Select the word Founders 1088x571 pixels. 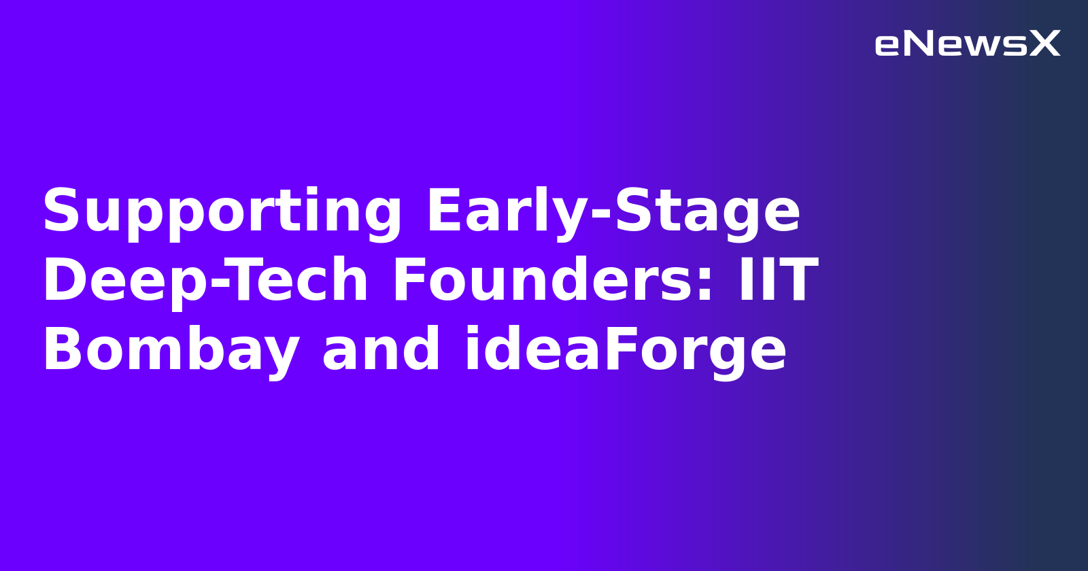[x=544, y=280]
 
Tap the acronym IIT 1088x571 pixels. [x=779, y=280]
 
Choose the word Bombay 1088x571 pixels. [x=171, y=351]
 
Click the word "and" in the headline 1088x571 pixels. [x=381, y=349]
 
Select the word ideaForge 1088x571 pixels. [x=626, y=351]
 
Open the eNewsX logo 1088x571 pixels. [x=967, y=44]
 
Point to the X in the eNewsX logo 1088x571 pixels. [x=1044, y=44]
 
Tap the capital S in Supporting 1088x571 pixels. [x=60, y=211]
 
